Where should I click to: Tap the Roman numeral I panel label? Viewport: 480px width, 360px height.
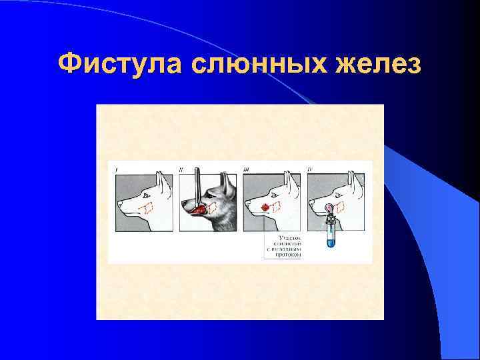click(x=118, y=171)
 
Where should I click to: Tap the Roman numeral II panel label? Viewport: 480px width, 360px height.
click(x=181, y=171)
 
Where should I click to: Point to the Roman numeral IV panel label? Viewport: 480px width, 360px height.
click(x=310, y=171)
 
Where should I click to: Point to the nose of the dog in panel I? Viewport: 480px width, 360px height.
click(x=120, y=205)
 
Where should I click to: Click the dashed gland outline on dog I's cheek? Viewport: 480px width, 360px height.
click(x=144, y=207)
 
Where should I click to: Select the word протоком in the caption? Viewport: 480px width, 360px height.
click(x=283, y=254)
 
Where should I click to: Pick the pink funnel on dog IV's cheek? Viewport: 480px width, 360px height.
click(x=330, y=209)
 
